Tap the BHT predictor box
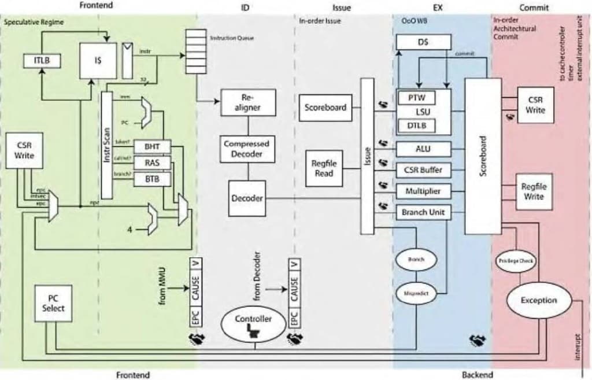[152, 147]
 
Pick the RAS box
[152, 163]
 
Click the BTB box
[152, 179]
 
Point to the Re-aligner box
[248, 102]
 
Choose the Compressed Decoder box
[247, 149]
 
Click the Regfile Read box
[324, 168]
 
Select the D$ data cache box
[423, 42]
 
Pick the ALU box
[423, 149]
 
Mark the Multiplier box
[423, 191]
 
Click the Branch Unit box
[423, 212]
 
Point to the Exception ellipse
[538, 300]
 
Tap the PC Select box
[53, 303]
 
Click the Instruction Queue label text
[231, 38]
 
